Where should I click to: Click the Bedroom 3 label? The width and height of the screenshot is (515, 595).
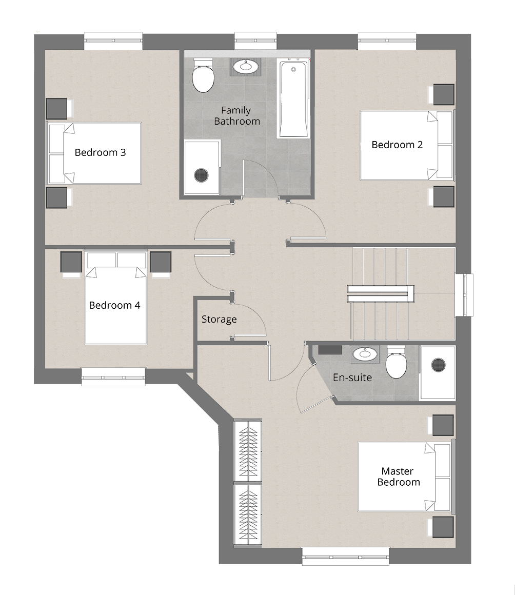100,152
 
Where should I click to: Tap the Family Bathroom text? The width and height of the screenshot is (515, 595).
237,116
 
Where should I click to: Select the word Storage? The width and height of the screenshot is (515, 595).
219,320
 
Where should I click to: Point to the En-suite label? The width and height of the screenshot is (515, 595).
352,378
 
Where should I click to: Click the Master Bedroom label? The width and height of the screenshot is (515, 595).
399,477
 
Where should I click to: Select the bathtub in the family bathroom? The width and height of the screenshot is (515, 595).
293,98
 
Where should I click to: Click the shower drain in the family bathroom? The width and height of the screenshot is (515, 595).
202,175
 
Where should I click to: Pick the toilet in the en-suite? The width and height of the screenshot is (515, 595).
396,363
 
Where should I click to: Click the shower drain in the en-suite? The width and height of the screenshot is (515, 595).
439,365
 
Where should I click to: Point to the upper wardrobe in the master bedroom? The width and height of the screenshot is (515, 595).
248,450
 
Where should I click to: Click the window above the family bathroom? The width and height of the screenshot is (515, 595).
256,41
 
